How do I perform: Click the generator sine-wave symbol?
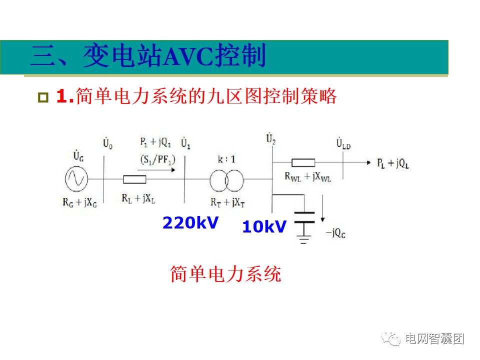(77, 178)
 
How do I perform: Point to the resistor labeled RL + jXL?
(134, 179)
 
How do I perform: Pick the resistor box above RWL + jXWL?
(303, 162)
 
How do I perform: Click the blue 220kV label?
(190, 222)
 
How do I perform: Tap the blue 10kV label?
(264, 227)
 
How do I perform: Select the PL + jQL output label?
(392, 163)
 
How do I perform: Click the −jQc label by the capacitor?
(335, 233)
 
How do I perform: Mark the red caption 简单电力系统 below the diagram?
(226, 274)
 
